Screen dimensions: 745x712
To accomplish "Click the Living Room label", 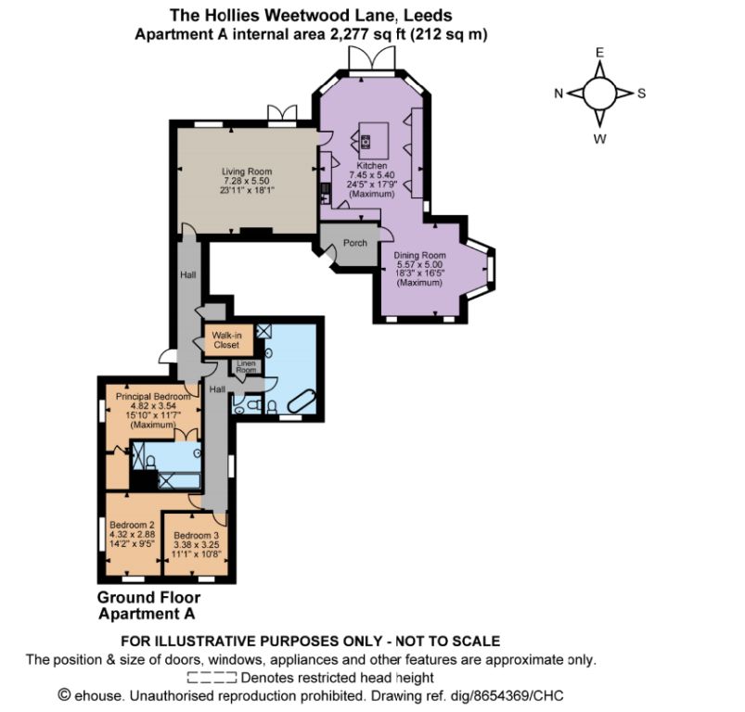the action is click(x=247, y=172).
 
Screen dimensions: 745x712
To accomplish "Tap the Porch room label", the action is click(x=355, y=243).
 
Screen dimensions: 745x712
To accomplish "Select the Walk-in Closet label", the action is click(x=226, y=340).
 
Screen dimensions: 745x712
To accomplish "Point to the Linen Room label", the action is click(x=246, y=366).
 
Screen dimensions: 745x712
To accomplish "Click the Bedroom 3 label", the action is click(x=197, y=536).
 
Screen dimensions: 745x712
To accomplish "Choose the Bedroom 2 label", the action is click(x=132, y=525).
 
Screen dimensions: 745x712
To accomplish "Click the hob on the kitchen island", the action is click(x=366, y=141).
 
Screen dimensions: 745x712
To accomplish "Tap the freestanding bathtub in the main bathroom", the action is click(x=302, y=401).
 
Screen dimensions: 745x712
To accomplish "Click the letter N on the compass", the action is click(x=559, y=94).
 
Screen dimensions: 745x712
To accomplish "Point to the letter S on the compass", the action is click(x=641, y=94).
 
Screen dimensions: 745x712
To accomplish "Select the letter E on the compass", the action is click(x=600, y=53).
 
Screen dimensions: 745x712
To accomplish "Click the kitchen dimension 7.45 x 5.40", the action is click(x=372, y=175).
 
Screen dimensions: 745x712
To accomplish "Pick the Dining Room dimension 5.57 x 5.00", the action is click(x=419, y=264).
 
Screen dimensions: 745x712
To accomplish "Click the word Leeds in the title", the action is click(x=428, y=15).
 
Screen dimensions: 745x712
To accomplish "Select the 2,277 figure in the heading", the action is click(x=349, y=34).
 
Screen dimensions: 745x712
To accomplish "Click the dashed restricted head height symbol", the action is click(x=212, y=678).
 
